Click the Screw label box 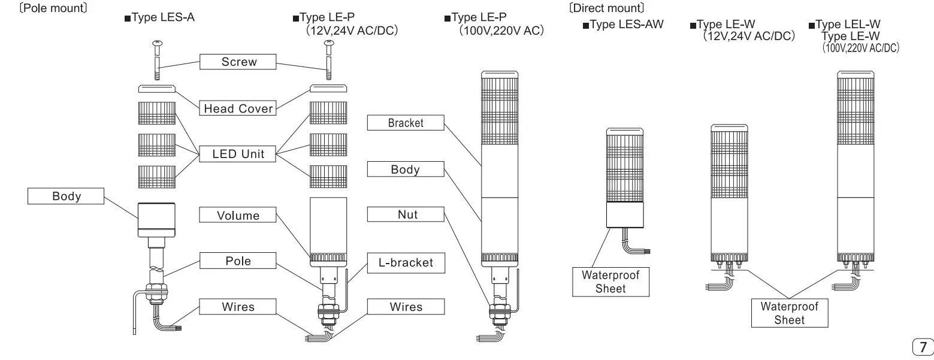click(238, 62)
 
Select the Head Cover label click(238, 108)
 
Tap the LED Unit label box click(238, 154)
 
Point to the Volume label click(238, 215)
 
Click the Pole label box click(238, 261)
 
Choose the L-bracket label click(406, 262)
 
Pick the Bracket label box click(406, 123)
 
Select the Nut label click(406, 214)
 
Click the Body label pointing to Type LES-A click(66, 196)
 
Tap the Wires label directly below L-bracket click(406, 307)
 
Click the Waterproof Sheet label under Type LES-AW click(610, 282)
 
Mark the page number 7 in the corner click(923, 347)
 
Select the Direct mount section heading click(606, 8)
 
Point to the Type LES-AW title click(623, 25)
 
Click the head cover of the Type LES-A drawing click(158, 89)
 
